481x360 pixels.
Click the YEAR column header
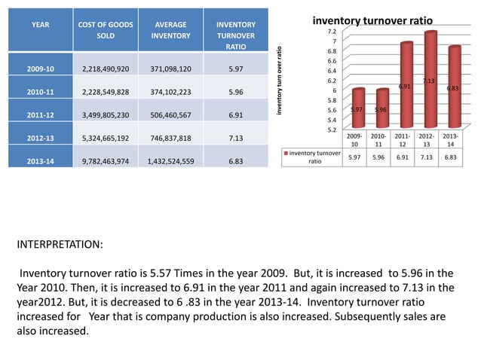(x=40, y=25)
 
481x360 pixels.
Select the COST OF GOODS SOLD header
(x=106, y=30)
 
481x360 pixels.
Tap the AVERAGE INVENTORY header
(x=170, y=30)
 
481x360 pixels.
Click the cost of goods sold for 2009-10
(x=106, y=69)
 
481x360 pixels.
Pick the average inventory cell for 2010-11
(x=170, y=93)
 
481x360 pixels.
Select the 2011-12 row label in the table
(x=40, y=116)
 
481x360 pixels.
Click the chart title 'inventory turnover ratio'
(x=372, y=20)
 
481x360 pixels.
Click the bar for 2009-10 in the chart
(x=358, y=108)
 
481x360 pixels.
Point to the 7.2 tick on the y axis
(x=332, y=32)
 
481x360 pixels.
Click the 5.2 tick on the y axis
(x=332, y=130)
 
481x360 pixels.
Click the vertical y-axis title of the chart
(x=278, y=81)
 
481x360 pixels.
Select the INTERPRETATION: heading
(x=60, y=246)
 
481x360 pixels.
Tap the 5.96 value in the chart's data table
(x=381, y=157)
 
